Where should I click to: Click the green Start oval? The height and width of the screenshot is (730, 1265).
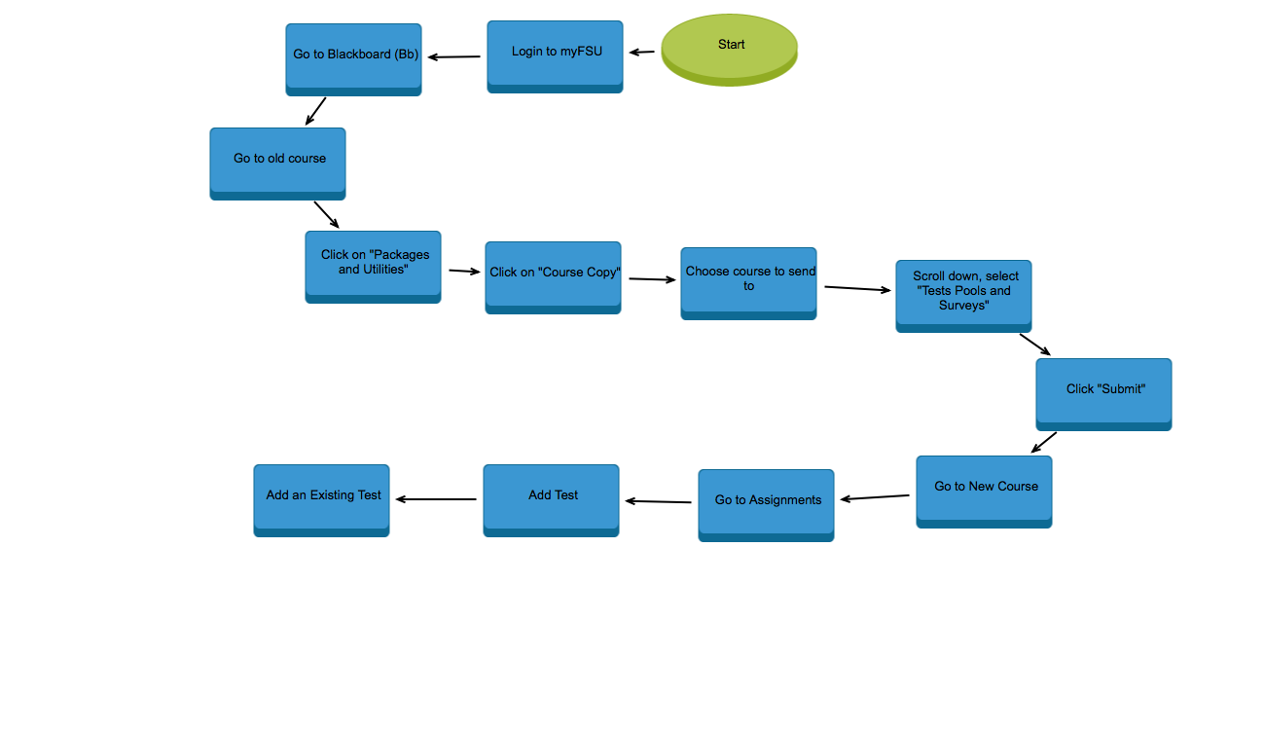coord(730,49)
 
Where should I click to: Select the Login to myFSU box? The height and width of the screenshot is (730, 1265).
coord(555,56)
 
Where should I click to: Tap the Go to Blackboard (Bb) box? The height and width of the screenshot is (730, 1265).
coord(353,59)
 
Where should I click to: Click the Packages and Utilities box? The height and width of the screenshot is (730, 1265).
coord(373,267)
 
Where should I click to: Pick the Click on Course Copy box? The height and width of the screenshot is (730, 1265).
coord(553,277)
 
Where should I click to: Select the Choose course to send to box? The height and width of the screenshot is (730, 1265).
coord(748,283)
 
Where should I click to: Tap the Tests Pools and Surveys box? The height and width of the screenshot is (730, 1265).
coord(963,296)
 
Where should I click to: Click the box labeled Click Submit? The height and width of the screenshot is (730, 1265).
coord(1103,394)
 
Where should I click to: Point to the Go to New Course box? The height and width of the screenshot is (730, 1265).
coord(984,492)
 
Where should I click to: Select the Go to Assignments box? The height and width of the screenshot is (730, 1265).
coord(766,505)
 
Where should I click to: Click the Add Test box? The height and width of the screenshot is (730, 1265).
coord(551,500)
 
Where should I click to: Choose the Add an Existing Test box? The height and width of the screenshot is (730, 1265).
coord(321,500)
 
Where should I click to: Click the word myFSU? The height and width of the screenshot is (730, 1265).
coord(581,52)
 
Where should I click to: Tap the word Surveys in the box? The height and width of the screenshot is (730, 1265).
coord(963,306)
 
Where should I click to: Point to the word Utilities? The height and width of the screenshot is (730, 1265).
coord(385,270)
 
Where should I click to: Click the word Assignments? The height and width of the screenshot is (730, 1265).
coord(785,500)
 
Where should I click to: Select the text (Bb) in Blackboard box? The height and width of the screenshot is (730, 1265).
coord(407,55)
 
